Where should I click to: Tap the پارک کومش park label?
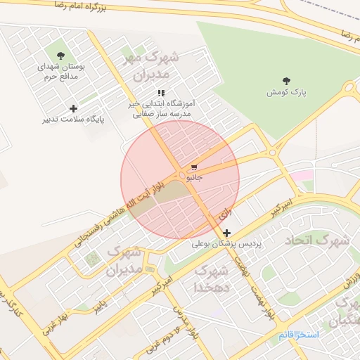(287, 92)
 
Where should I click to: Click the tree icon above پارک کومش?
(286, 81)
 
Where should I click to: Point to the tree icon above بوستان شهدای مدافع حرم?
(60, 55)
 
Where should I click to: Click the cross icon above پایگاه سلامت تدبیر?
(73, 108)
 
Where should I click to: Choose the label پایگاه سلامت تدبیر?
(75, 120)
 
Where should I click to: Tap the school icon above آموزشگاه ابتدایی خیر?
(162, 92)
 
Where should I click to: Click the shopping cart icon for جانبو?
(194, 167)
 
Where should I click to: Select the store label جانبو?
(194, 179)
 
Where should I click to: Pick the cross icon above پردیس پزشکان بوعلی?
(226, 233)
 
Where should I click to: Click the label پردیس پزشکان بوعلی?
(226, 245)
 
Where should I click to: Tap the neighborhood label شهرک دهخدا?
(210, 278)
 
